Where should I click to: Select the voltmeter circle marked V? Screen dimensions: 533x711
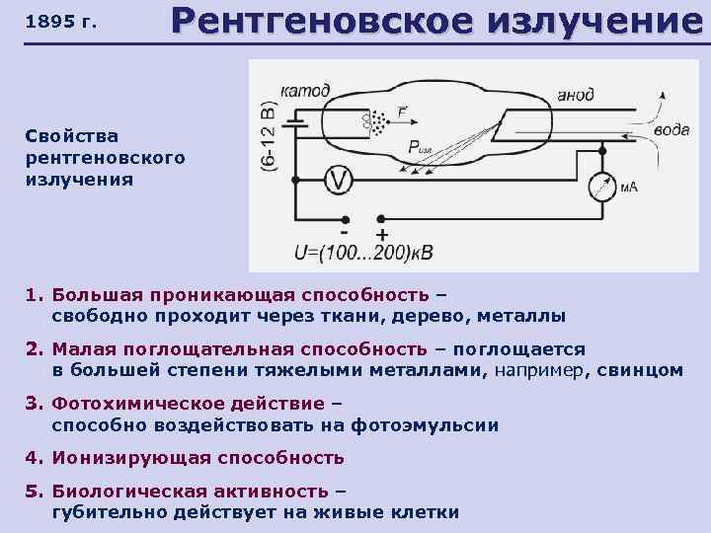339,179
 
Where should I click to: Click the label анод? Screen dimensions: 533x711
575,95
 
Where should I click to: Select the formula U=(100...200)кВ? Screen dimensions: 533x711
363,252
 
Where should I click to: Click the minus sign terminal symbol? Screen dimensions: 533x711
344,220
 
